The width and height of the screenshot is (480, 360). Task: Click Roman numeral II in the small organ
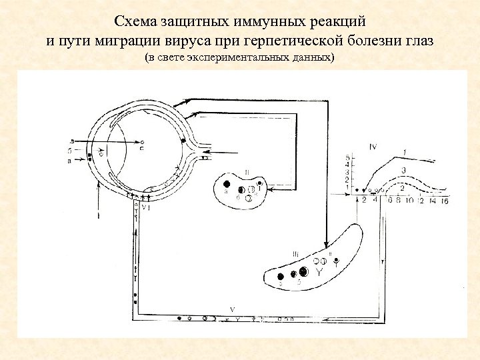(247, 173)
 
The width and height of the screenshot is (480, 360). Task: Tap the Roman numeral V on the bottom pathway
(231, 309)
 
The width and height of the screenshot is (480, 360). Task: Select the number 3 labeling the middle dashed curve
(403, 171)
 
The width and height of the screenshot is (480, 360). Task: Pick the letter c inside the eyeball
(142, 147)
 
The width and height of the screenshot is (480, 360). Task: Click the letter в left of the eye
(71, 141)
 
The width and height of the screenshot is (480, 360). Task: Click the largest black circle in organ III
(304, 271)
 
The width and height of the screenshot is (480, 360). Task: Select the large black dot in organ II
(227, 183)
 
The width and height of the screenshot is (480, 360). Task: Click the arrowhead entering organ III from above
(325, 244)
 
